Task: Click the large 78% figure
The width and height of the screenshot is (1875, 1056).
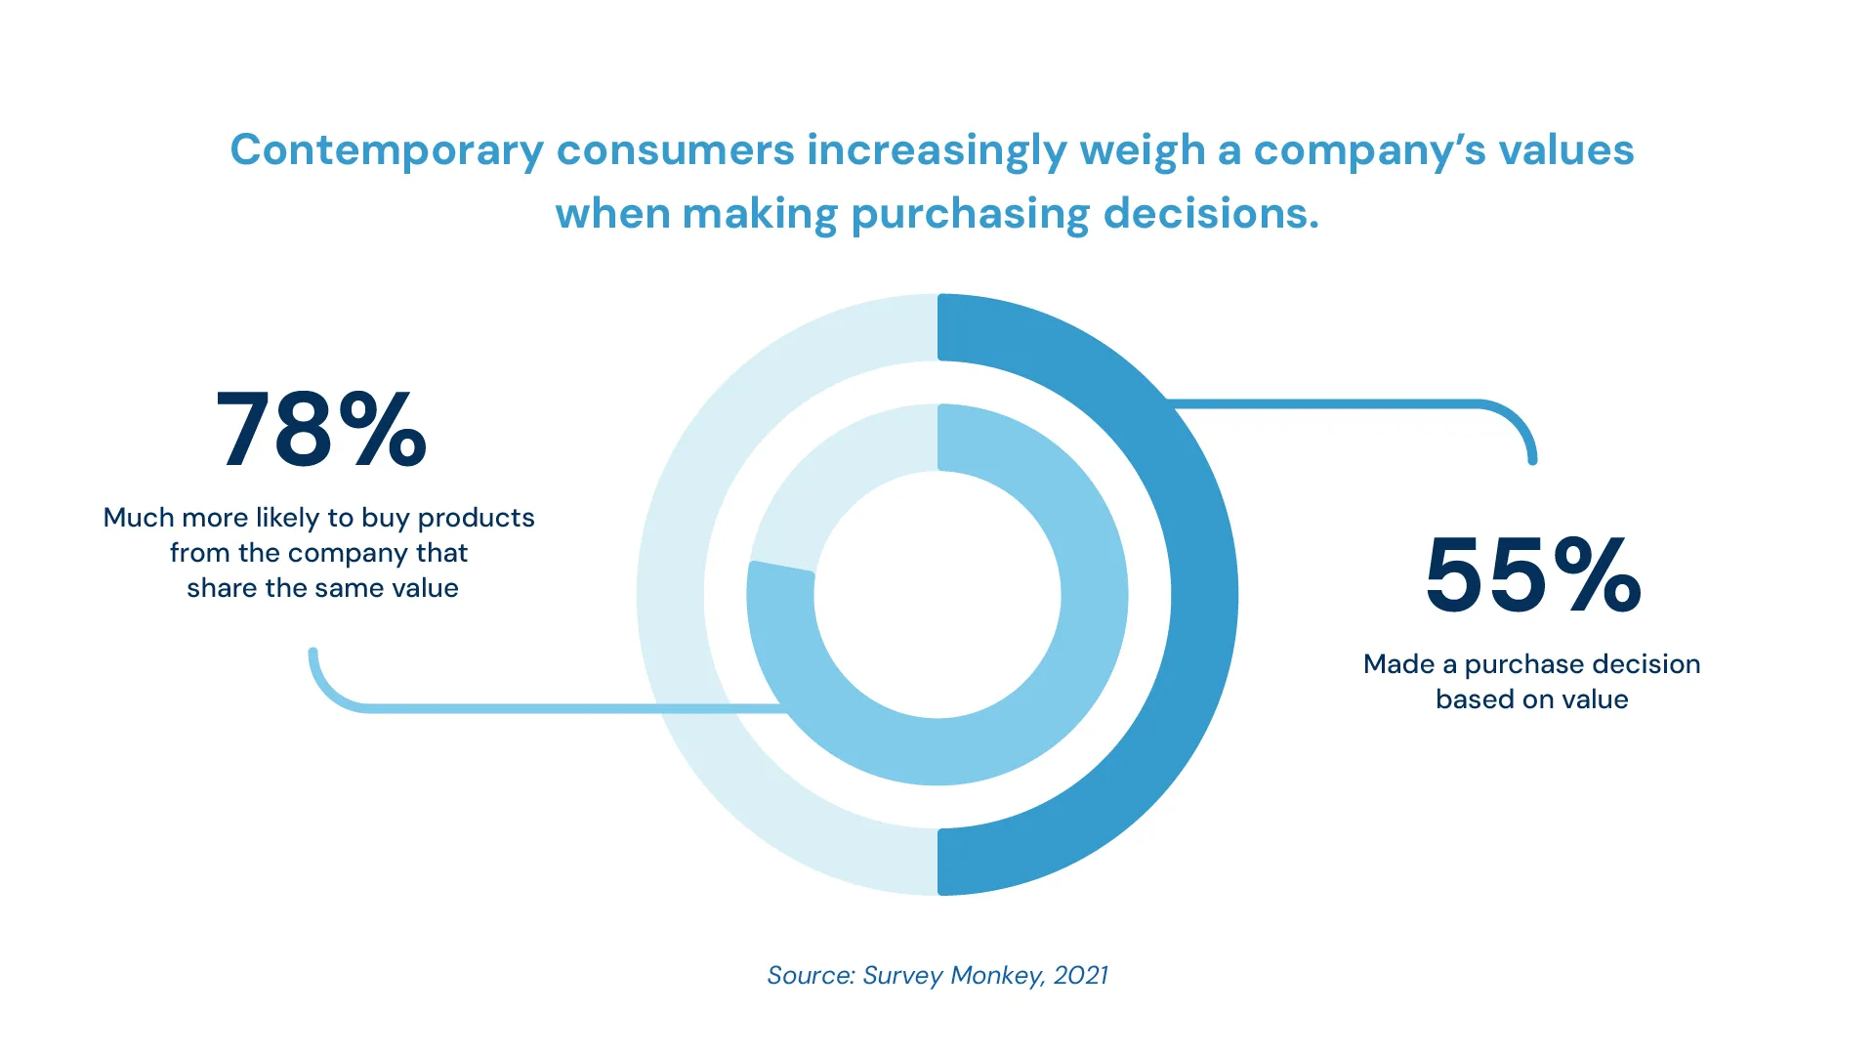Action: [x=320, y=430]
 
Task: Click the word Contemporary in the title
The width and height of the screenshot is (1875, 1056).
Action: [x=386, y=150]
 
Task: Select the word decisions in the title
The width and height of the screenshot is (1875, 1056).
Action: [x=1210, y=214]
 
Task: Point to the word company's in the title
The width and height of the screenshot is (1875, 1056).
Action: [x=1369, y=150]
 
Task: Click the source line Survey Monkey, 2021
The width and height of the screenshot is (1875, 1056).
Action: [x=937, y=975]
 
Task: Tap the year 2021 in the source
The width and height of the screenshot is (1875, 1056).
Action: [x=1081, y=975]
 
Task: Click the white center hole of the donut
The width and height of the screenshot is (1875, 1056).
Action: [x=937, y=595]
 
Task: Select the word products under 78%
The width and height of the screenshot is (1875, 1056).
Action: [x=476, y=518]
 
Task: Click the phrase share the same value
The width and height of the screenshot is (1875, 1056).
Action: [x=322, y=588]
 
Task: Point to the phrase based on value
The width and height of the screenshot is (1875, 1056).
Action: [x=1531, y=699]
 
